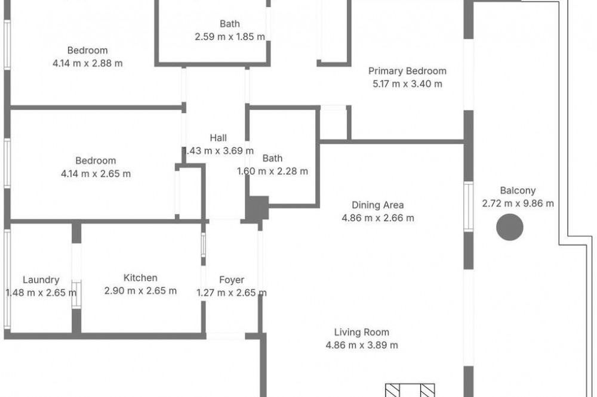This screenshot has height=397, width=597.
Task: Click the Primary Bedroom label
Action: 407,71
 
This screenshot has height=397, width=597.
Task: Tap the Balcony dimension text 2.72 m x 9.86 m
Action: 518,203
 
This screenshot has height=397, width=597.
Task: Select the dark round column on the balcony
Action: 509,227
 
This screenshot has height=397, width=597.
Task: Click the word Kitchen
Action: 140,278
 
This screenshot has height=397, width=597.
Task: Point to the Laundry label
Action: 41,280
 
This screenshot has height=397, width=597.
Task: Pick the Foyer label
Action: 232,280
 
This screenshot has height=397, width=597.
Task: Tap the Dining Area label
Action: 377,205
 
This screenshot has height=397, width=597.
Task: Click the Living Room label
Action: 361,333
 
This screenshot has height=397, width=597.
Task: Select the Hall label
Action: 218,138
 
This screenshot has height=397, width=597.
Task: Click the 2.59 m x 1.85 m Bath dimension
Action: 230,37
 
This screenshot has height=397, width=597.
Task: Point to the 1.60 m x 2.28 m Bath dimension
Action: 272,171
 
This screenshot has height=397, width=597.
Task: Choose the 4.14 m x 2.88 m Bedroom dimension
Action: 87,63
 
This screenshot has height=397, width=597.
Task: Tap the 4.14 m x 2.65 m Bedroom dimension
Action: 96,174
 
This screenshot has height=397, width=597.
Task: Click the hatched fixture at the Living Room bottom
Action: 410,390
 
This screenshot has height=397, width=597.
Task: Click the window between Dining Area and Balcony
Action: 469,206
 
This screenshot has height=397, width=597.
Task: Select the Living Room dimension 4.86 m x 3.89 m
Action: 361,345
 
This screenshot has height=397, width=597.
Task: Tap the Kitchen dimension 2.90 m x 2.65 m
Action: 140,291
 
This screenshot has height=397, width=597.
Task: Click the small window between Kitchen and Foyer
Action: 204,244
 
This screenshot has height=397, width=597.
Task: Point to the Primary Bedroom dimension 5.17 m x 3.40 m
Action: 407,84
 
